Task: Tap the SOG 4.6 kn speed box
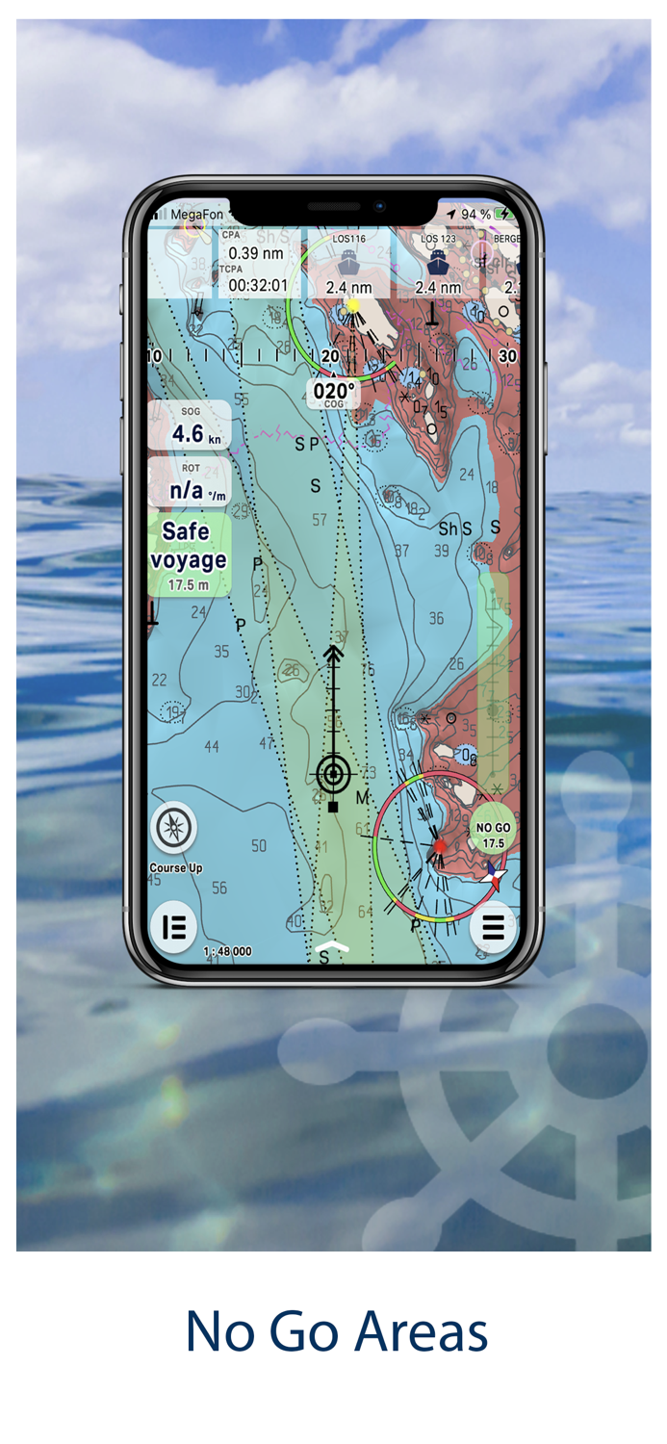190,425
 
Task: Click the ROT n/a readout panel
190,482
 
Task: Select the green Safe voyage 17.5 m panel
190,554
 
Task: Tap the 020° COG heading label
334,392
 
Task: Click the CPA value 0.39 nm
255,253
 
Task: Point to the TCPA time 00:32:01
257,285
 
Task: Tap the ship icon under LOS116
347,263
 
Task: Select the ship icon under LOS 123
438,262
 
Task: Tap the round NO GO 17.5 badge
493,833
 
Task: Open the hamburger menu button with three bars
493,927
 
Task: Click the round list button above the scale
174,927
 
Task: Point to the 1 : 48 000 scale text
227,951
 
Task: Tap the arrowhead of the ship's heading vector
334,655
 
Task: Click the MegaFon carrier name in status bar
193,214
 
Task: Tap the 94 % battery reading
475,214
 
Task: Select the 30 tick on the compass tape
507,356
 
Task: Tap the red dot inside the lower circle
440,846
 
